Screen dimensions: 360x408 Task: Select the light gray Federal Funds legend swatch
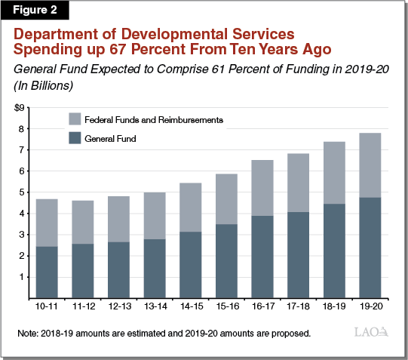[75, 119]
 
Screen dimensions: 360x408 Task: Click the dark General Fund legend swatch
[75, 138]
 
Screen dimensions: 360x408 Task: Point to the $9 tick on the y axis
[20, 107]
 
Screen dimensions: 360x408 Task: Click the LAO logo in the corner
[371, 333]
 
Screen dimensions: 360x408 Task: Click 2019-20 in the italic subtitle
[333, 70]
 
